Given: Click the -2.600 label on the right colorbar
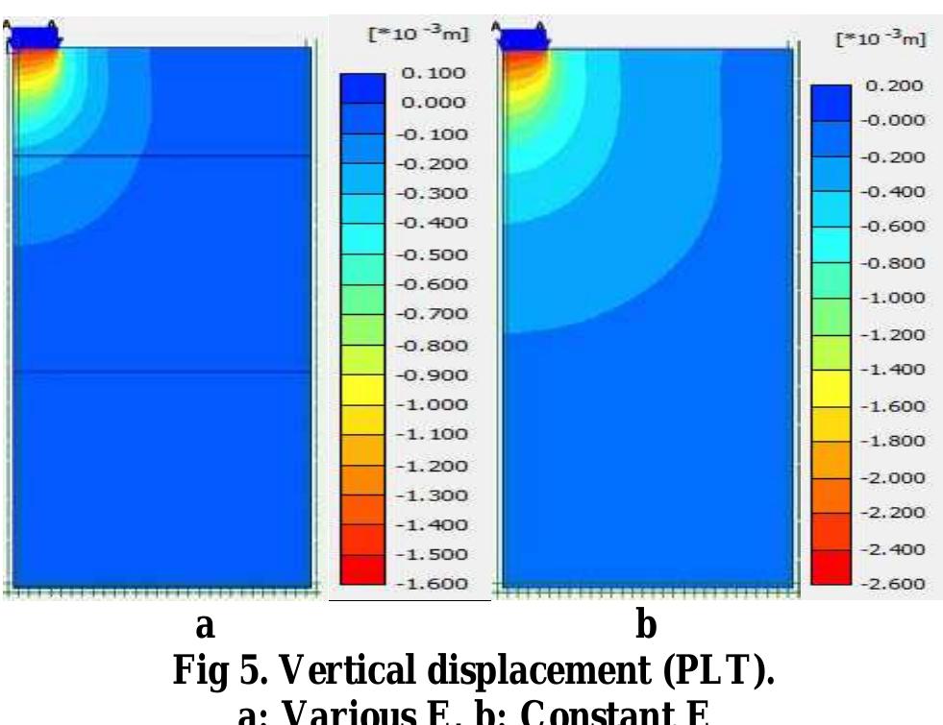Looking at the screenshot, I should coord(896,584).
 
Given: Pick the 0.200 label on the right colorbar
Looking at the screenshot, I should coord(896,85).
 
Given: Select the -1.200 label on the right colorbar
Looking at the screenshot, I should coord(896,335).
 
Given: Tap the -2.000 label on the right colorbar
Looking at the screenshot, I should coord(896,477).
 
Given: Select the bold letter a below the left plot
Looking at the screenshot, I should coord(204,626).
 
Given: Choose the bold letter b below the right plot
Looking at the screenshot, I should coord(647,626).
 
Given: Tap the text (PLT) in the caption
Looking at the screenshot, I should coord(722,669).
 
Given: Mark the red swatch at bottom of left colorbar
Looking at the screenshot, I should coord(362,569).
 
